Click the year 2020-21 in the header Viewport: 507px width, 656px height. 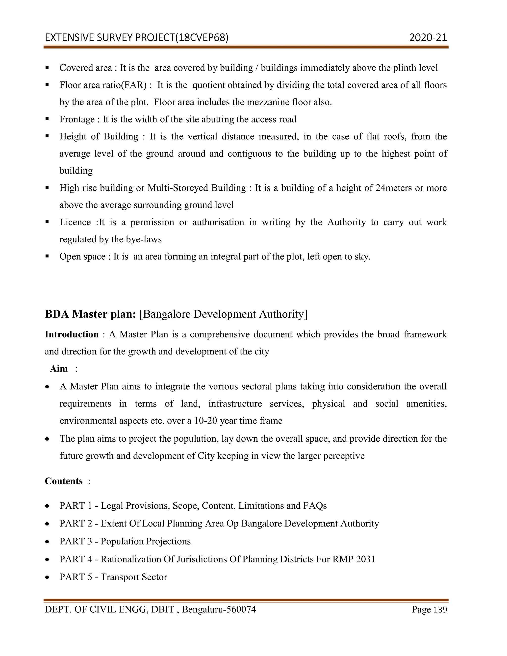428,38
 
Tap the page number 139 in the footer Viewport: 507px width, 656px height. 441,610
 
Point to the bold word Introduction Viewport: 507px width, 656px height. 72,334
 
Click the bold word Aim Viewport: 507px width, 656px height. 59,369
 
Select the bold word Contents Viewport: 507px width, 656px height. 64,481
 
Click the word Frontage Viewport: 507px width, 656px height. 77,119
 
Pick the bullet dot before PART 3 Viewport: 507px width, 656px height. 47,542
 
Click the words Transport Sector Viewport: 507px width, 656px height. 134,577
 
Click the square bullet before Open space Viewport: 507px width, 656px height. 47,256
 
